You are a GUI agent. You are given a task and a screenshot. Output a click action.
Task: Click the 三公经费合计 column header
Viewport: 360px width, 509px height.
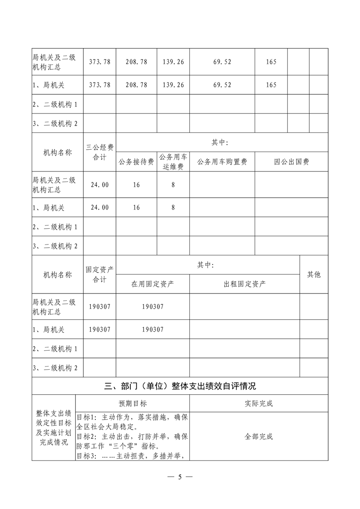[100, 152]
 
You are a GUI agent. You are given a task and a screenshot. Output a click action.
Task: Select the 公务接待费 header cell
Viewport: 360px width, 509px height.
[137, 162]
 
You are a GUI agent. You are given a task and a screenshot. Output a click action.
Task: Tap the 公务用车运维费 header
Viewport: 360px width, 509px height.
[173, 162]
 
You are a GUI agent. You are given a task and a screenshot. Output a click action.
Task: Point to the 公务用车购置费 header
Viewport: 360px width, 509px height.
[222, 162]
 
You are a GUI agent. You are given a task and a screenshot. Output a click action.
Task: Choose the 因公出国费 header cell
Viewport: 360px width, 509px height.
[291, 162]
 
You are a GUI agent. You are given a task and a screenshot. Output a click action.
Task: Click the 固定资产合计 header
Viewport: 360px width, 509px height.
[100, 274]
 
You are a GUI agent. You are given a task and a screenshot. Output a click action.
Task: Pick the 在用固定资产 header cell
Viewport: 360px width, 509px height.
[153, 284]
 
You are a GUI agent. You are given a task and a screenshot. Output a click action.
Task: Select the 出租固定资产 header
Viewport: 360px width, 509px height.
[245, 284]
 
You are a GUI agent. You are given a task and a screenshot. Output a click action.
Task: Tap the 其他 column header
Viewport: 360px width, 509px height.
[314, 274]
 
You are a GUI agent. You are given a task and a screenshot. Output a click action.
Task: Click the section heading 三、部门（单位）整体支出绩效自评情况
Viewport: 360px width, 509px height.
[180, 386]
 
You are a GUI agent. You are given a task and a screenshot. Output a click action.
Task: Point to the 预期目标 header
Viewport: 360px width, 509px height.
[133, 403]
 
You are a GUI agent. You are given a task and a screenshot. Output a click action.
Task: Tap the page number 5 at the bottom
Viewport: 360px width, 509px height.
[180, 477]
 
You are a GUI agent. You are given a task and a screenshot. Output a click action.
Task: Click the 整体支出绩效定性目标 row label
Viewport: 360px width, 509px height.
[54, 428]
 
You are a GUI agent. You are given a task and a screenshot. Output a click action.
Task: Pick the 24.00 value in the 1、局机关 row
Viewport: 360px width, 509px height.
[100, 207]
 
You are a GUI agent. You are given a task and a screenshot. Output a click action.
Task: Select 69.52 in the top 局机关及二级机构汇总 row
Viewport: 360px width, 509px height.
[222, 62]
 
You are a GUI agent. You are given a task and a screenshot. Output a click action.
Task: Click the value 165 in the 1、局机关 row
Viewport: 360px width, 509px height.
[271, 85]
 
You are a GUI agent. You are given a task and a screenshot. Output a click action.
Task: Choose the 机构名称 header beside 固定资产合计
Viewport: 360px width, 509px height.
[58, 274]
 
